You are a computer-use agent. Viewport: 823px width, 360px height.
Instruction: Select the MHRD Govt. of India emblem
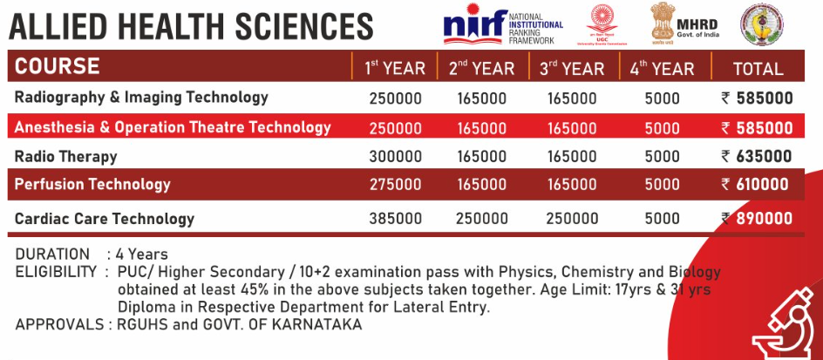coord(663,24)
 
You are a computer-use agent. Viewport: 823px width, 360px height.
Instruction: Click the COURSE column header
coord(58,66)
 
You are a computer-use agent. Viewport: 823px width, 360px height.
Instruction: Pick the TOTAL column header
coord(758,68)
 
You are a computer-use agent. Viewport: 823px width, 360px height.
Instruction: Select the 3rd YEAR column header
coord(571,68)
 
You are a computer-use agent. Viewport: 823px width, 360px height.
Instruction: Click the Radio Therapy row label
coord(66,157)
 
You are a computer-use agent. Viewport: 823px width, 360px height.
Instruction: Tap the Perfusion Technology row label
coord(92,185)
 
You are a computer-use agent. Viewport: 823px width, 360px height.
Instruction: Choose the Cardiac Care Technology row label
coord(105,219)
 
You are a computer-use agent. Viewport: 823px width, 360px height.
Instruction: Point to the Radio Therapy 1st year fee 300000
coord(395,157)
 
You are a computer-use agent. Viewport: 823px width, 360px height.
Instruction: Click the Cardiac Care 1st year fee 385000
coord(395,219)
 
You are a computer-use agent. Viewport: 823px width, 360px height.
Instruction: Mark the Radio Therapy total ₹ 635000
coord(757,157)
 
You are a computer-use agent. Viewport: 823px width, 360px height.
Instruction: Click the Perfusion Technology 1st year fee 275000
coord(395,185)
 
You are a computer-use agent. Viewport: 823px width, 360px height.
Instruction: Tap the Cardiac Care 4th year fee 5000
coord(662,219)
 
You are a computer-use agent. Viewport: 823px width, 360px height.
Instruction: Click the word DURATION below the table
coord(52,255)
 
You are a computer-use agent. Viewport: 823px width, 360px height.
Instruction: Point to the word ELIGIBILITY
coord(55,272)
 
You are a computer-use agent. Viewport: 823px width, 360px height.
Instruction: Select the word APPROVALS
coord(56,324)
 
